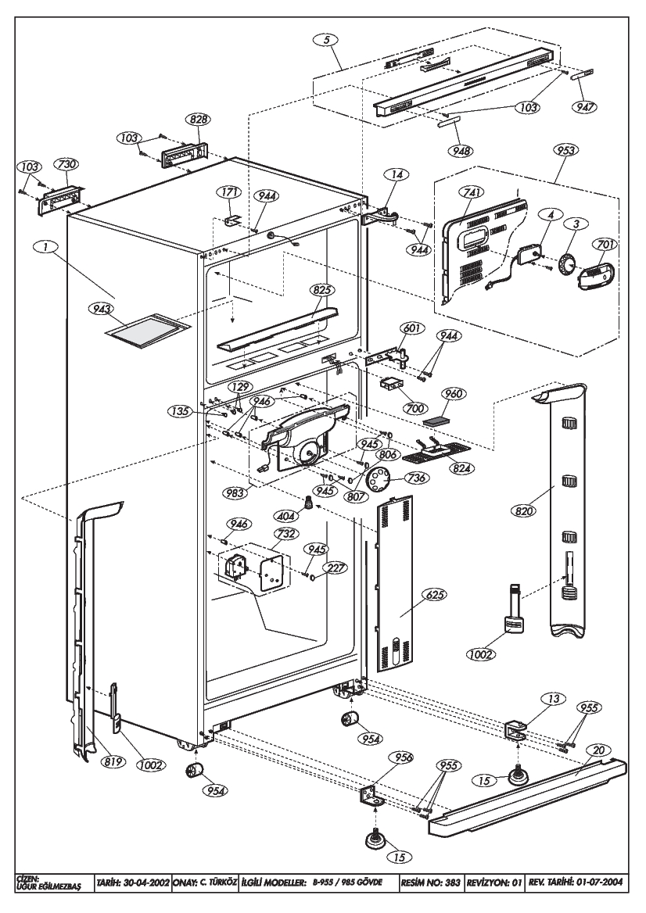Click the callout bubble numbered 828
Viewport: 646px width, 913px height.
[198, 120]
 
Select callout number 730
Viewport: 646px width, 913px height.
[66, 165]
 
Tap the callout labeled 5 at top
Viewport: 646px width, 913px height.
[327, 40]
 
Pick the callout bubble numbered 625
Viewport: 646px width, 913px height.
[436, 595]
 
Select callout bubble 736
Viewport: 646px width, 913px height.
[417, 478]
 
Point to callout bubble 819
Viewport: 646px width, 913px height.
[113, 761]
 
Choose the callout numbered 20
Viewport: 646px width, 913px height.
[598, 750]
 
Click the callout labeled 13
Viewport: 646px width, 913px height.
[553, 699]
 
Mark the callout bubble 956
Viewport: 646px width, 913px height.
[403, 757]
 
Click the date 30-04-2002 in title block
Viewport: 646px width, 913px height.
[146, 883]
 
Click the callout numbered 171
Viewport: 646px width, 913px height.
[227, 192]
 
